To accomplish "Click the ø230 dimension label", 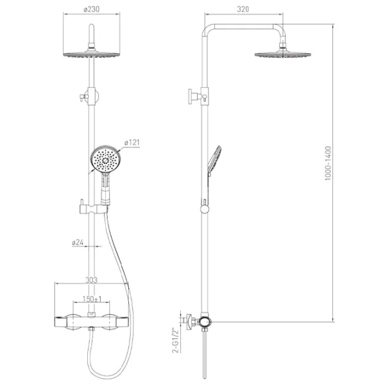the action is (x=91, y=10).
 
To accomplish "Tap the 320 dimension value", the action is (x=243, y=10).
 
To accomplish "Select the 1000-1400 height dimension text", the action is (x=329, y=163).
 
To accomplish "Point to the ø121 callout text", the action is (x=132, y=142).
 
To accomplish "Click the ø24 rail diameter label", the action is (x=78, y=243).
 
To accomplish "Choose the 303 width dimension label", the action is (x=91, y=280).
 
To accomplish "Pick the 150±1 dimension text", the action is (x=92, y=299).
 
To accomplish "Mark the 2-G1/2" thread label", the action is (x=176, y=340).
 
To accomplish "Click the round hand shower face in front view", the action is (x=106, y=159).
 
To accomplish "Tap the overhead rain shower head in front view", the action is (x=92, y=55).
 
